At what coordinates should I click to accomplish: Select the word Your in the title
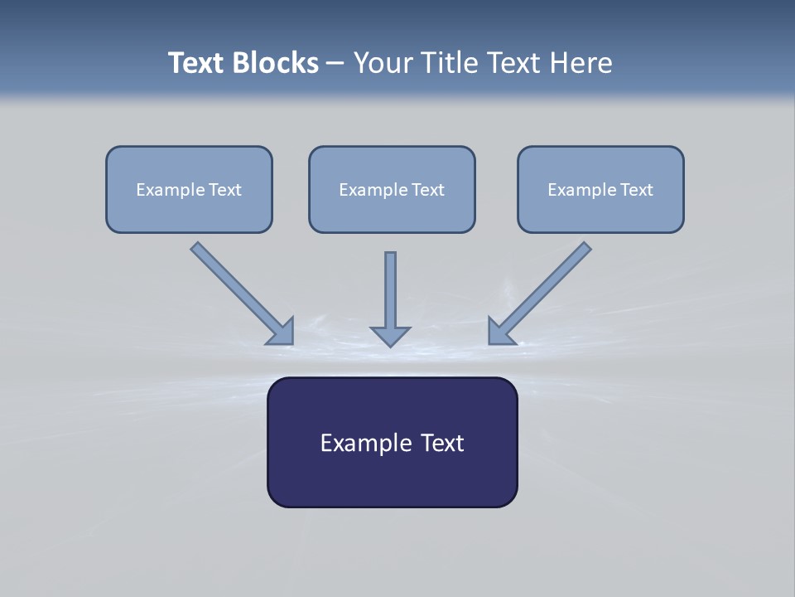tap(385, 63)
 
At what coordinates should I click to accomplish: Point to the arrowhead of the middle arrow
tap(390, 336)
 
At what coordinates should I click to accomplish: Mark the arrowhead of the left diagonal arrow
tap(282, 332)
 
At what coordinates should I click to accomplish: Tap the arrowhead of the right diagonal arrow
tap(500, 332)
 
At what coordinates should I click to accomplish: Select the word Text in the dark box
tap(442, 444)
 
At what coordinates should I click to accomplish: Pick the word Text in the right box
tap(636, 190)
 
